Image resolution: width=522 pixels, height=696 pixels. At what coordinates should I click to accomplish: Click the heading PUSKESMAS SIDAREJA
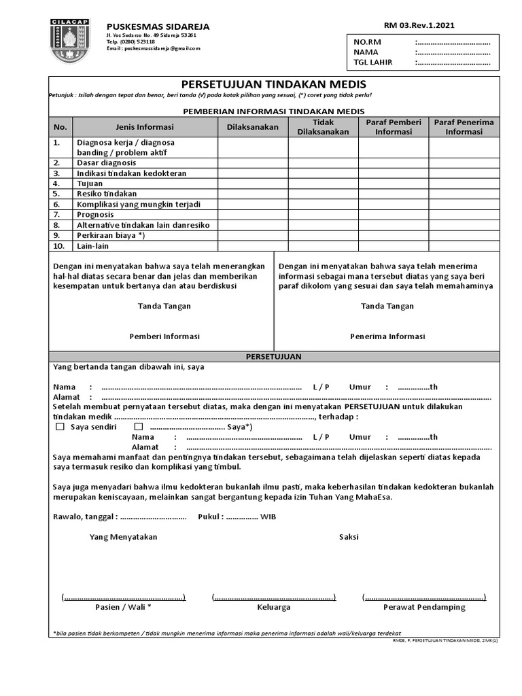point(158,27)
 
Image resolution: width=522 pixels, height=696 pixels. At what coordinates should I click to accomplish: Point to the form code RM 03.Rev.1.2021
point(419,26)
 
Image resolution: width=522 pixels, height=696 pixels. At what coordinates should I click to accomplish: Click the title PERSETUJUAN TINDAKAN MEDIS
point(274,84)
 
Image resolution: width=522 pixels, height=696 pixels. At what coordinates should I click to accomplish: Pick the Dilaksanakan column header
point(253,127)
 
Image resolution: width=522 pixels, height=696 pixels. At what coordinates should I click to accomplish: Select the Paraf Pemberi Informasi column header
point(394,127)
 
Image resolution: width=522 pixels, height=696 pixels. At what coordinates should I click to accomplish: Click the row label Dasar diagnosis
point(106,163)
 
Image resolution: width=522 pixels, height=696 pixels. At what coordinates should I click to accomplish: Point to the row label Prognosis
point(96,215)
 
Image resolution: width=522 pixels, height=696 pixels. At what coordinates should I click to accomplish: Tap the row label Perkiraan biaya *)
point(111,235)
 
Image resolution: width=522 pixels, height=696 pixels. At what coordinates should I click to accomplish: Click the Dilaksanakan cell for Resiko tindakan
point(253,194)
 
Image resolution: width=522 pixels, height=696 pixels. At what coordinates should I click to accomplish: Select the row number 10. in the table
point(60,246)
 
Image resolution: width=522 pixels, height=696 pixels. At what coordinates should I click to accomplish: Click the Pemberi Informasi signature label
point(164,336)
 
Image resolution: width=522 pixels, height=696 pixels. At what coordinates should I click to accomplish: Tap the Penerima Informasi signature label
point(387,336)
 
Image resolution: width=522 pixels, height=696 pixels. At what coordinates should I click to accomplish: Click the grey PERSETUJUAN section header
point(274,356)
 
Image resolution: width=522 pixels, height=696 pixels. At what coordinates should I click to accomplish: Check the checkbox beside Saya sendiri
point(60,427)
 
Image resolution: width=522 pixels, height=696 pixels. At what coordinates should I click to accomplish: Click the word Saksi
point(349,537)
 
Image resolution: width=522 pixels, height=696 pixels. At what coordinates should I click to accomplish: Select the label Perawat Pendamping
point(424,607)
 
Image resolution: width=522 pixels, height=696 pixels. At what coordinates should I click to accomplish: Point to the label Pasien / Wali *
point(123,607)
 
